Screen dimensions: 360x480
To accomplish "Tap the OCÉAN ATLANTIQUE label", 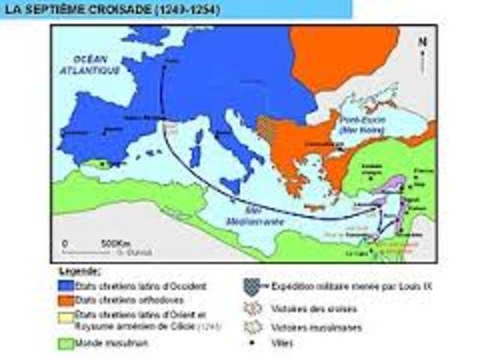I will click(91, 64).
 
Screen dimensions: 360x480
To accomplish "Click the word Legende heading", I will click(78, 271).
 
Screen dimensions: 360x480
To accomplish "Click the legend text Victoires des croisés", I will click(304, 308).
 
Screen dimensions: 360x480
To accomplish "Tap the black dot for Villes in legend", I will click(252, 343).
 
